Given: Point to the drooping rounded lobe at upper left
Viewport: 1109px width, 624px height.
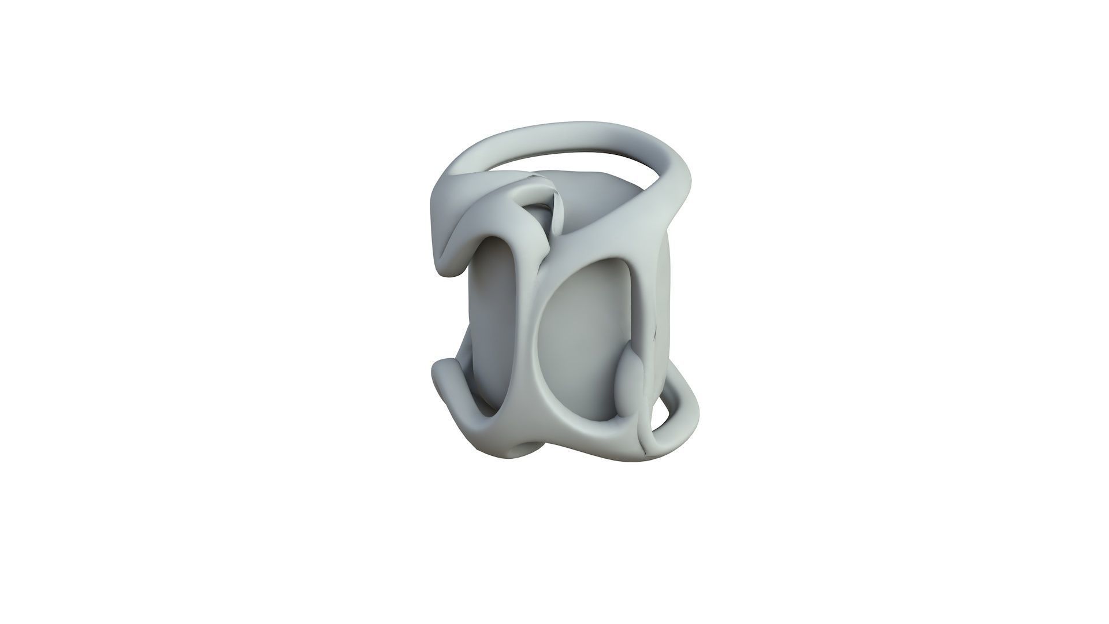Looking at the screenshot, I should click(451, 254).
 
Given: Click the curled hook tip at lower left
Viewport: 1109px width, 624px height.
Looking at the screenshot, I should click(445, 370).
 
